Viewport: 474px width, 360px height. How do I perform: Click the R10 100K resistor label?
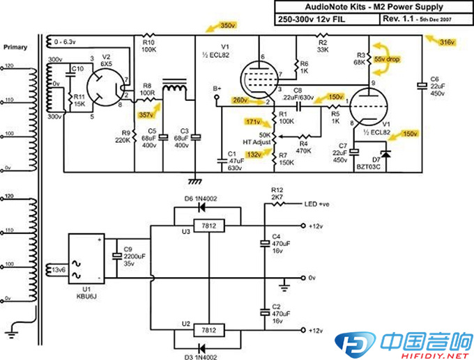click(x=148, y=46)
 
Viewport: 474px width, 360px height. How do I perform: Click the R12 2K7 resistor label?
click(x=278, y=193)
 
